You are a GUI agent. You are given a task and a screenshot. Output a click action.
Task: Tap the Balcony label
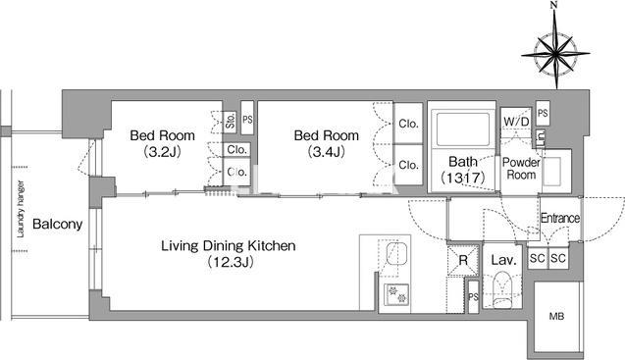pyautogui.click(x=57, y=224)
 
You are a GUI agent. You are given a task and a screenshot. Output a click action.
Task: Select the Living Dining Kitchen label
pyautogui.click(x=229, y=245)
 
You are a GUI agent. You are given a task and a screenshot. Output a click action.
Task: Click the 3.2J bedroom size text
pyautogui.click(x=163, y=151)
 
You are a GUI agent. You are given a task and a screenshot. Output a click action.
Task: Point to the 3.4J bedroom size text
pyautogui.click(x=327, y=151)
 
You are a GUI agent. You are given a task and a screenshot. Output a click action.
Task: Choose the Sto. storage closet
pyautogui.click(x=230, y=122)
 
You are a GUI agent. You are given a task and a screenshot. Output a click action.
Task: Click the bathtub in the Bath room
pyautogui.click(x=463, y=129)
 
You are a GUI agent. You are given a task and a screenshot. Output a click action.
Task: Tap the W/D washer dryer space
pyautogui.click(x=516, y=122)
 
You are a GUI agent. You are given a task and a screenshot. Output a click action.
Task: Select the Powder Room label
pyautogui.click(x=521, y=169)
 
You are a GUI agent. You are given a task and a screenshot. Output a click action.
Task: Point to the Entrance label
pyautogui.click(x=560, y=218)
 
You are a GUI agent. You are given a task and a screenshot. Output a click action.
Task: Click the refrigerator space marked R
pyautogui.click(x=463, y=261)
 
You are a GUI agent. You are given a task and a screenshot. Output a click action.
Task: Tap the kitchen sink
pyautogui.click(x=397, y=254)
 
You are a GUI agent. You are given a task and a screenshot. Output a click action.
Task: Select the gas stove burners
pyautogui.click(x=396, y=294)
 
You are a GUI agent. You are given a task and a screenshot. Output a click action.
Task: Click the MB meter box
pyautogui.click(x=557, y=317)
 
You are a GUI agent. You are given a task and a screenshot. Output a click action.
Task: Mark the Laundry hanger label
pyautogui.click(x=21, y=209)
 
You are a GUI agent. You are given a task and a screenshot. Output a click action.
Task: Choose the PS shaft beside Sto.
pyautogui.click(x=247, y=119)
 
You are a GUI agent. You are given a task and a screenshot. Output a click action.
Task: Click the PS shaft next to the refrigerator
pyautogui.click(x=473, y=297)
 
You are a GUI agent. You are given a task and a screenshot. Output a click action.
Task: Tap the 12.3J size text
pyautogui.click(x=231, y=262)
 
